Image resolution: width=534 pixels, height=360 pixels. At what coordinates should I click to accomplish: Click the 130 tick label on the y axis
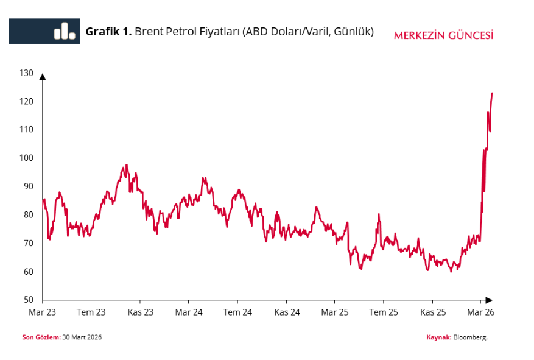coord(26,72)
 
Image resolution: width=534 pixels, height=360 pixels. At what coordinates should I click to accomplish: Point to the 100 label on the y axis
coord(26,158)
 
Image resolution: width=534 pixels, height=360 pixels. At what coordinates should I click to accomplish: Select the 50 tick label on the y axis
coord(28,300)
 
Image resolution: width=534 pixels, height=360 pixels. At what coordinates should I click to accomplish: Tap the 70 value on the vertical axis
coord(28,243)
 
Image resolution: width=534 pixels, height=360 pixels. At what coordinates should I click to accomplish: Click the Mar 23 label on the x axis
coord(43,312)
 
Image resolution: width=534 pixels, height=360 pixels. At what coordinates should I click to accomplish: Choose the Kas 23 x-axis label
coord(140,312)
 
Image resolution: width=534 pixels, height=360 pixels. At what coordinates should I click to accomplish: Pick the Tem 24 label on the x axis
coord(237,312)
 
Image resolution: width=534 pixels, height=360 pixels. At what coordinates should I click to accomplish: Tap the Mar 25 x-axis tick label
coord(334,312)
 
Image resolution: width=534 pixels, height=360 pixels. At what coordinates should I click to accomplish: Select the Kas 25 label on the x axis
coord(432,312)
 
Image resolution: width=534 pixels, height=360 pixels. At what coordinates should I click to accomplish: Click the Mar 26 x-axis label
coord(481,312)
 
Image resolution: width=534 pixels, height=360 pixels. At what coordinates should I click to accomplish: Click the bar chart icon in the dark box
coord(63,32)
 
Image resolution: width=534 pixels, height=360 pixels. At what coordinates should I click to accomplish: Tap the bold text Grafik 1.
coord(108,31)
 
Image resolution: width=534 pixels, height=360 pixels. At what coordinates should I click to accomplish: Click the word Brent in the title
coord(149,31)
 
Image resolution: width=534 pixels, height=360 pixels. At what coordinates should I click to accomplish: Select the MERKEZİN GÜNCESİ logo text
coord(443,35)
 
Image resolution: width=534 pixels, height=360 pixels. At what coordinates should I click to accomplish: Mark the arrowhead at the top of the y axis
coord(43,77)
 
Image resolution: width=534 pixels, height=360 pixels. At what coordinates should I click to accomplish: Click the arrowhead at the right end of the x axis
coord(488,300)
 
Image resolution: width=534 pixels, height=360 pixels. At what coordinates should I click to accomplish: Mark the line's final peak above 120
coord(492,93)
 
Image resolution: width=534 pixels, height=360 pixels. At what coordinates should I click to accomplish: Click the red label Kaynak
coord(438,337)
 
